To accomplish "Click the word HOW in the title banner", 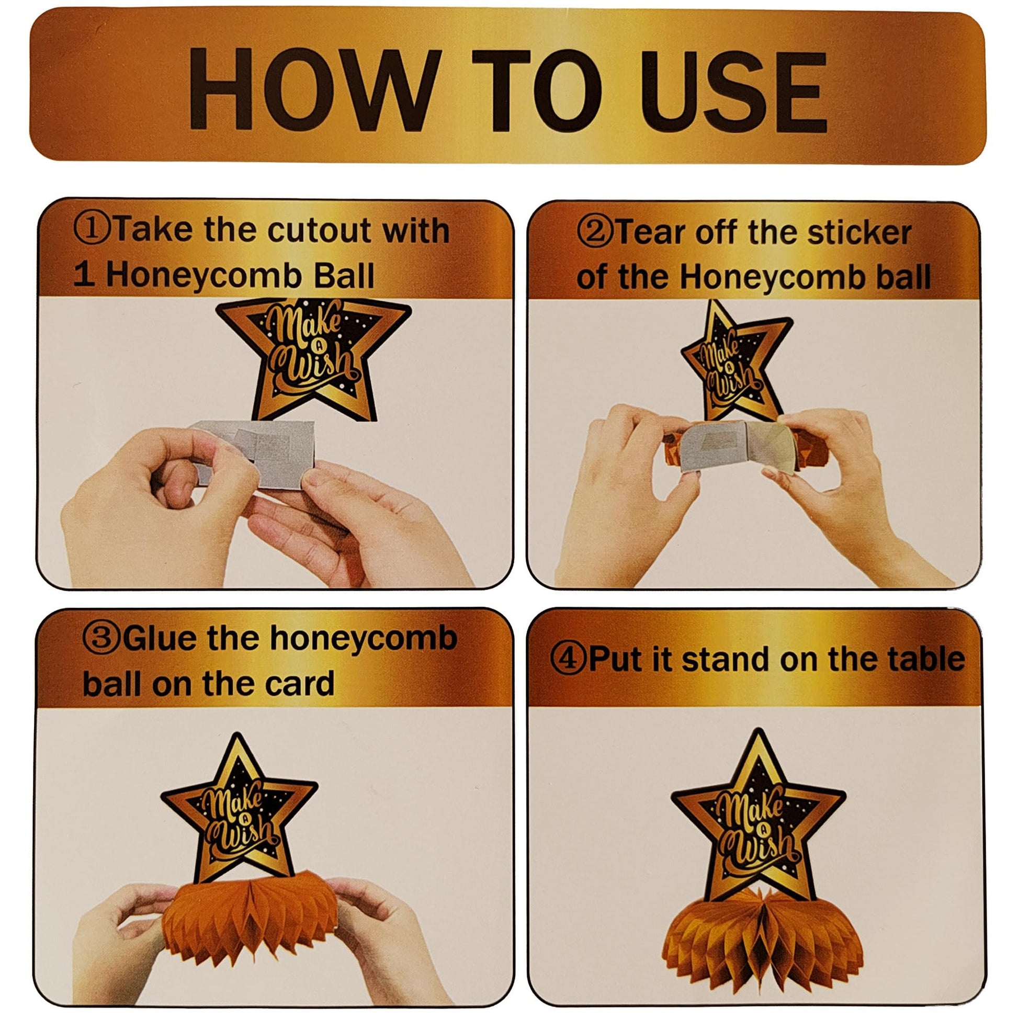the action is (313, 89).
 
